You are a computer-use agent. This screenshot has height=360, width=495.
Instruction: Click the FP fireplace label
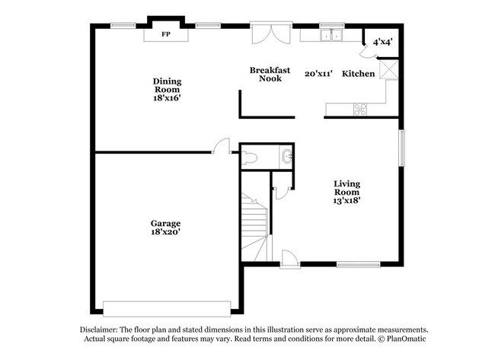(x=166, y=34)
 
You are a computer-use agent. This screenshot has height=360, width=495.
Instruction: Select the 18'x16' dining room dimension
(x=166, y=98)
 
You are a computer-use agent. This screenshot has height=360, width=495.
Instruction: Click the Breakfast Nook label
(x=270, y=74)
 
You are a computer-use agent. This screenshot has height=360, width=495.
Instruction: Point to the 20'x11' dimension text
(x=319, y=74)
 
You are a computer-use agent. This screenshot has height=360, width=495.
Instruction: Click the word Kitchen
(x=357, y=74)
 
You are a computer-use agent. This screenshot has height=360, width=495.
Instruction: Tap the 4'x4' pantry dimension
(x=382, y=43)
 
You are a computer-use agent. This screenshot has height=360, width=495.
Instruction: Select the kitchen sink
(x=331, y=35)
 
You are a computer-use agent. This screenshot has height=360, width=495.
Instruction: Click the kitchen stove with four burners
(x=360, y=110)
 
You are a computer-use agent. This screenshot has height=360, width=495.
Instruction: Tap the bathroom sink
(x=286, y=158)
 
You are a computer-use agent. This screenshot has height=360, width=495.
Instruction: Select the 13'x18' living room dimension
(x=346, y=201)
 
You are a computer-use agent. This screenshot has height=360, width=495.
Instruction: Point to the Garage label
(x=165, y=223)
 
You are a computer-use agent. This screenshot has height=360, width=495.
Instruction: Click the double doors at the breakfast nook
(x=270, y=34)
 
